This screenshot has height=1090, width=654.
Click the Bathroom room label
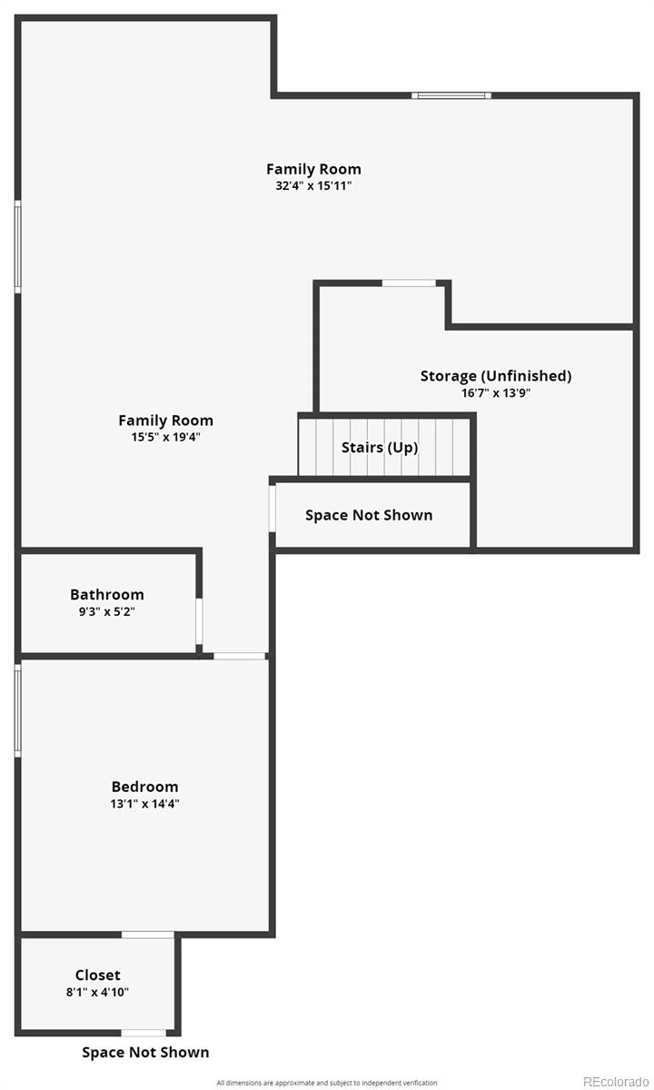tap(107, 595)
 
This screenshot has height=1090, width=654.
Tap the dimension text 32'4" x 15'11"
tap(313, 185)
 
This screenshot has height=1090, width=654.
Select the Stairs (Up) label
tap(380, 448)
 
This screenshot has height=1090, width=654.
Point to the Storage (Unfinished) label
tap(496, 376)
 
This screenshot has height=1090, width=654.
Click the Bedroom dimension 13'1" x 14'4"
tap(145, 804)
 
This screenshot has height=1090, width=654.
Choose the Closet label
tap(98, 976)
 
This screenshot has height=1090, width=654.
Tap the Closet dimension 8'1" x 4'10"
tap(97, 992)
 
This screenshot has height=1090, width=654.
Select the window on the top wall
tap(451, 95)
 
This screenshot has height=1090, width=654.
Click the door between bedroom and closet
tap(148, 935)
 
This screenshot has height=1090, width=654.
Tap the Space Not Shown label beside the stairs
tap(369, 515)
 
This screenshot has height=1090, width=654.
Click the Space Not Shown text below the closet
tap(145, 1053)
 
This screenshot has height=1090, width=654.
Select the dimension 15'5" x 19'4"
tap(165, 437)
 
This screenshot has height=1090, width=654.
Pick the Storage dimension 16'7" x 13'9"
tap(496, 393)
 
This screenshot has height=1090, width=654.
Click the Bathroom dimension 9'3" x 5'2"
tap(107, 611)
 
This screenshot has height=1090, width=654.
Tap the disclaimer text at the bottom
tap(327, 1082)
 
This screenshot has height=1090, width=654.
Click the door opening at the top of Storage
tap(409, 283)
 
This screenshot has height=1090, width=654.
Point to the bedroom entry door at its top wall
tap(240, 656)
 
